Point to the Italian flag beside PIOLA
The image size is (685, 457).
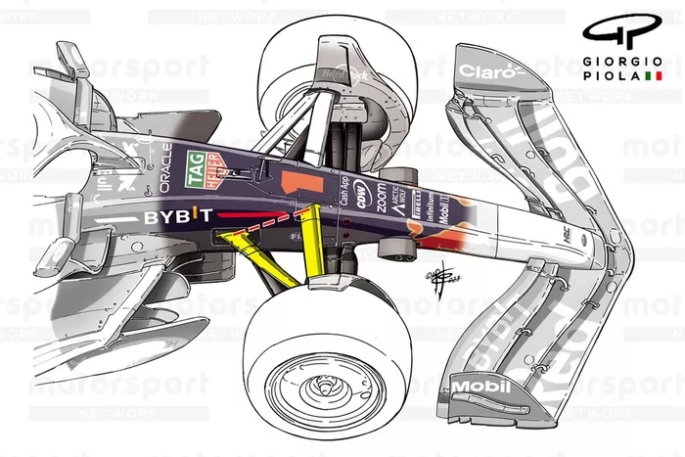point(654,75)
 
